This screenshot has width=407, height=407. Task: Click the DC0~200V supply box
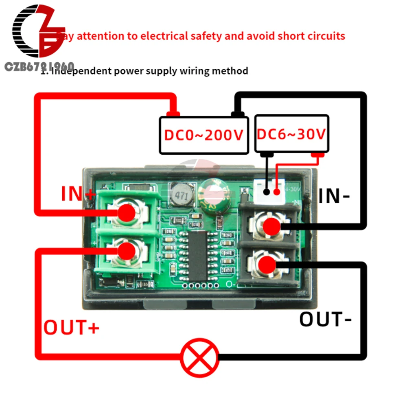203,135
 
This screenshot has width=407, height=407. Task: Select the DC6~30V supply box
292,133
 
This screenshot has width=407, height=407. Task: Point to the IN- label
334,196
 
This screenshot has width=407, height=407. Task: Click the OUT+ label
72,328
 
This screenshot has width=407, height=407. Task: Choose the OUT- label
326,319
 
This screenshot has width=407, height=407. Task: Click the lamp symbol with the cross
200,357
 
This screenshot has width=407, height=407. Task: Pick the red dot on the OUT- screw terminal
267,265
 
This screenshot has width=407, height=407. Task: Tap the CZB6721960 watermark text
39,67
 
